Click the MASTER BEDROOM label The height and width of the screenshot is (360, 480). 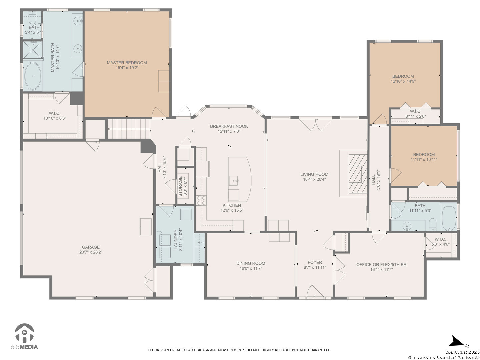click(x=127, y=63)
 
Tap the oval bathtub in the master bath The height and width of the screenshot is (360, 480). click(x=33, y=76)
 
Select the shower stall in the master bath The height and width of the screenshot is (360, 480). click(x=33, y=50)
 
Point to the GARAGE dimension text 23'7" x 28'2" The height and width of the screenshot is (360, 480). click(x=91, y=252)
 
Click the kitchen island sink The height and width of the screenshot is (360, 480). click(x=234, y=181)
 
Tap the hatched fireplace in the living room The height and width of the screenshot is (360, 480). click(x=358, y=174)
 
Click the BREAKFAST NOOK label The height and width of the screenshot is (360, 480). click(x=229, y=126)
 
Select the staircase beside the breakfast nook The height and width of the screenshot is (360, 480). click(x=129, y=129)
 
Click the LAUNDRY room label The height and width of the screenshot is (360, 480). click(x=175, y=239)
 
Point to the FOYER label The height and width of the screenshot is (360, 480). click(x=315, y=262)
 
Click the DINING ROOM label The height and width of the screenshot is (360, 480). click(x=251, y=263)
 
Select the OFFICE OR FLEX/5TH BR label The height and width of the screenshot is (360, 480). click(x=381, y=264)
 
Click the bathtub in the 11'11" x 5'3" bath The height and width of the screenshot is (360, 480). click(x=449, y=217)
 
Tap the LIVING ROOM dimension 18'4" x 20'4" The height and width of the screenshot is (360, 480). click(x=314, y=179)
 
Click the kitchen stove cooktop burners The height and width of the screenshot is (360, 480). click(x=201, y=200)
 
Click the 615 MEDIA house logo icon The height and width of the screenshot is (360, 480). click(x=24, y=333)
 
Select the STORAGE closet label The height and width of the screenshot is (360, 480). click(x=180, y=186)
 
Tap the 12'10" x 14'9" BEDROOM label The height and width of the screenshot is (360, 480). click(x=403, y=76)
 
